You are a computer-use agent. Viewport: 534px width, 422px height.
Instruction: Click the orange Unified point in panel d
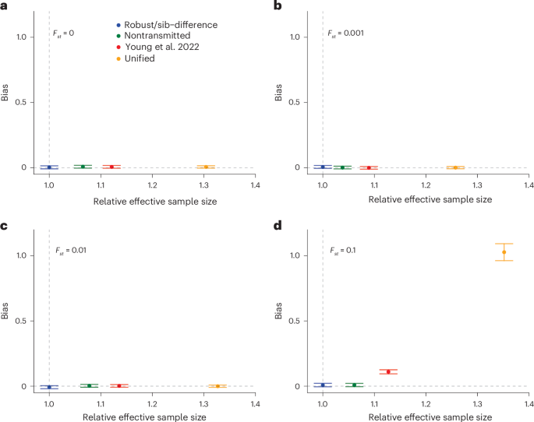504,251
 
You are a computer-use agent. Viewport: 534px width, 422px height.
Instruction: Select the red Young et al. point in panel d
388,371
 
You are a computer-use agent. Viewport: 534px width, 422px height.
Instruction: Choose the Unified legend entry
134,58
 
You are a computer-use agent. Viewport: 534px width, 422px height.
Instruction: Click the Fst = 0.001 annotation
342,33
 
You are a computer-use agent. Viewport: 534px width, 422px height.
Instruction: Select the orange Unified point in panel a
206,167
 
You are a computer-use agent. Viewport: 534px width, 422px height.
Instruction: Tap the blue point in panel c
49,386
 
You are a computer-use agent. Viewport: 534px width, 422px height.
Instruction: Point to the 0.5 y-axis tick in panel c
27,321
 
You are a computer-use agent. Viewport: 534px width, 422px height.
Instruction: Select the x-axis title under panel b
419,200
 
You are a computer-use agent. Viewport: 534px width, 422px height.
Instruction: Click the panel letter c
5,225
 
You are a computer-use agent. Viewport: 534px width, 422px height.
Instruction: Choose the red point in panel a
111,167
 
